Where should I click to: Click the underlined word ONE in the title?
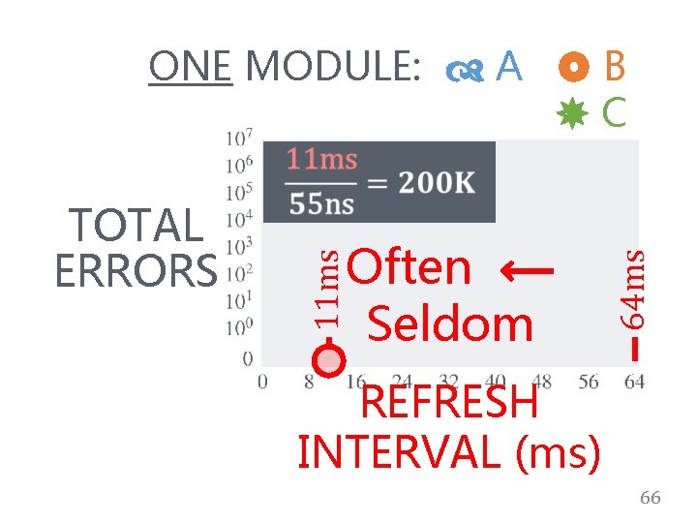point(190,67)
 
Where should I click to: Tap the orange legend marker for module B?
point(574,67)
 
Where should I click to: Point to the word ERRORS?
point(136,271)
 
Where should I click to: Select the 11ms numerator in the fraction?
point(323,160)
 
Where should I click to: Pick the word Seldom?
point(450,323)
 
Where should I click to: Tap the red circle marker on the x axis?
point(330,360)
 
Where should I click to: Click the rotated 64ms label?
point(634,286)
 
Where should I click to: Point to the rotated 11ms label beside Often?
point(330,286)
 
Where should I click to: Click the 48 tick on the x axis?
point(542,383)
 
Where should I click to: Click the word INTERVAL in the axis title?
point(407,451)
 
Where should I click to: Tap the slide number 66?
point(650,498)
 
